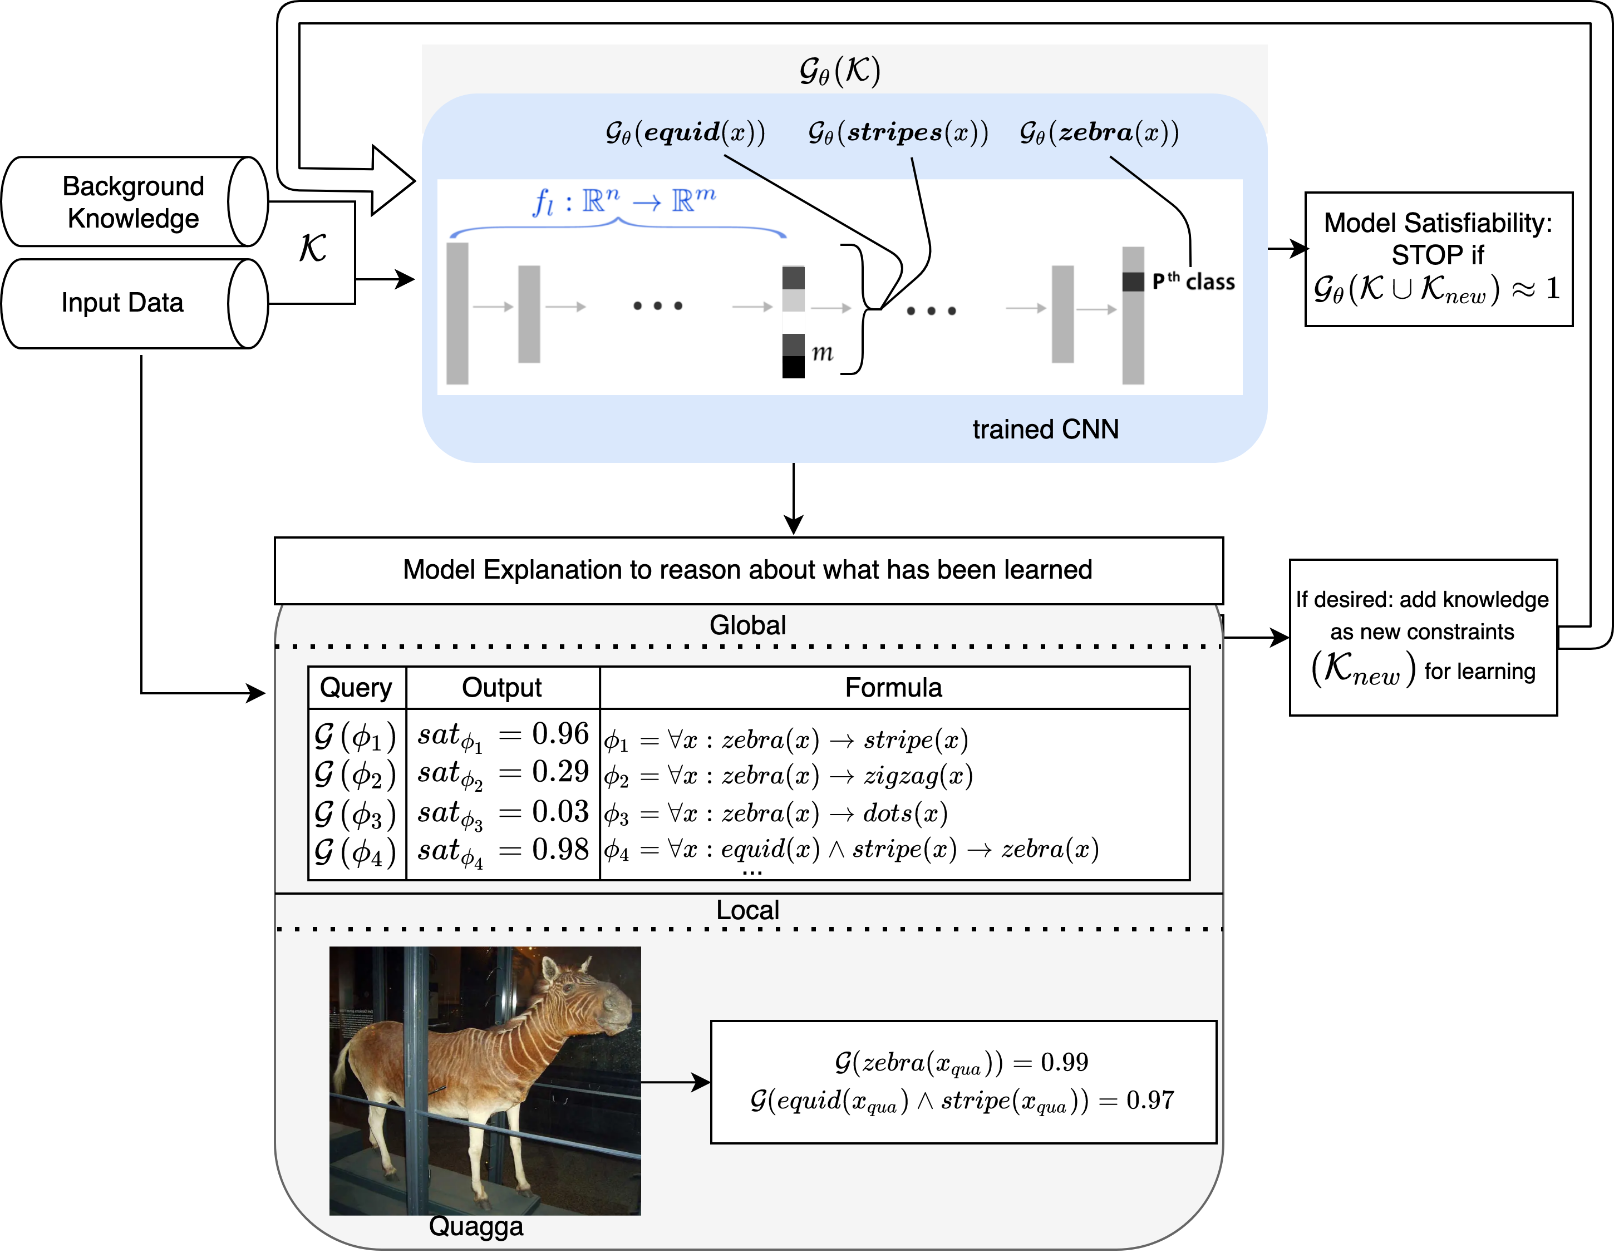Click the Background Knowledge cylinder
click(x=135, y=201)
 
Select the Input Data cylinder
click(x=135, y=303)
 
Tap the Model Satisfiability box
click(x=1438, y=259)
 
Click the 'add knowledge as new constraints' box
click(x=1423, y=637)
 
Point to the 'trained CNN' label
click(x=1045, y=429)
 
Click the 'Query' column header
click(x=356, y=688)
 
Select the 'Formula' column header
click(x=893, y=688)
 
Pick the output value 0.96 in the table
click(x=560, y=734)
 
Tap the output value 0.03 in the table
click(x=560, y=811)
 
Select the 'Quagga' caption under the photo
click(x=476, y=1226)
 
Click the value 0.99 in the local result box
click(x=1064, y=1062)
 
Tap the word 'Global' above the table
click(x=748, y=625)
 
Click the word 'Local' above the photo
click(x=748, y=910)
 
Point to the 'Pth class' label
click(x=1193, y=282)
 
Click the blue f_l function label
click(x=624, y=201)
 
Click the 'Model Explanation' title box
click(x=749, y=570)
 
